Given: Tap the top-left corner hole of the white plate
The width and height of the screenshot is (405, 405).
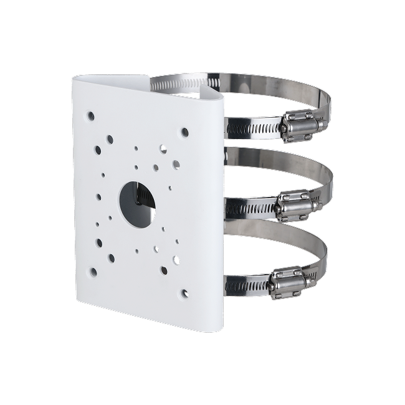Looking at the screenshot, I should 91,115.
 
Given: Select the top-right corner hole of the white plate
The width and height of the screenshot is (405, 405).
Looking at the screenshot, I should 184,132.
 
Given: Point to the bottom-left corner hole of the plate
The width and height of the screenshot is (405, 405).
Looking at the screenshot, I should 93,272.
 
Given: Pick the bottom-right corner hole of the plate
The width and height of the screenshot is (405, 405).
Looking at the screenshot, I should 184,292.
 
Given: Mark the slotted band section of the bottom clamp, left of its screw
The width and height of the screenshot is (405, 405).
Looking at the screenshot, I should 246,286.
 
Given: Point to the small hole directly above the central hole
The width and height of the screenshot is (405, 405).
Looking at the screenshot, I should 136,166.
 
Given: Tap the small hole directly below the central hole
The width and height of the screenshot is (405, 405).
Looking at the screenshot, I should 136,252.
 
